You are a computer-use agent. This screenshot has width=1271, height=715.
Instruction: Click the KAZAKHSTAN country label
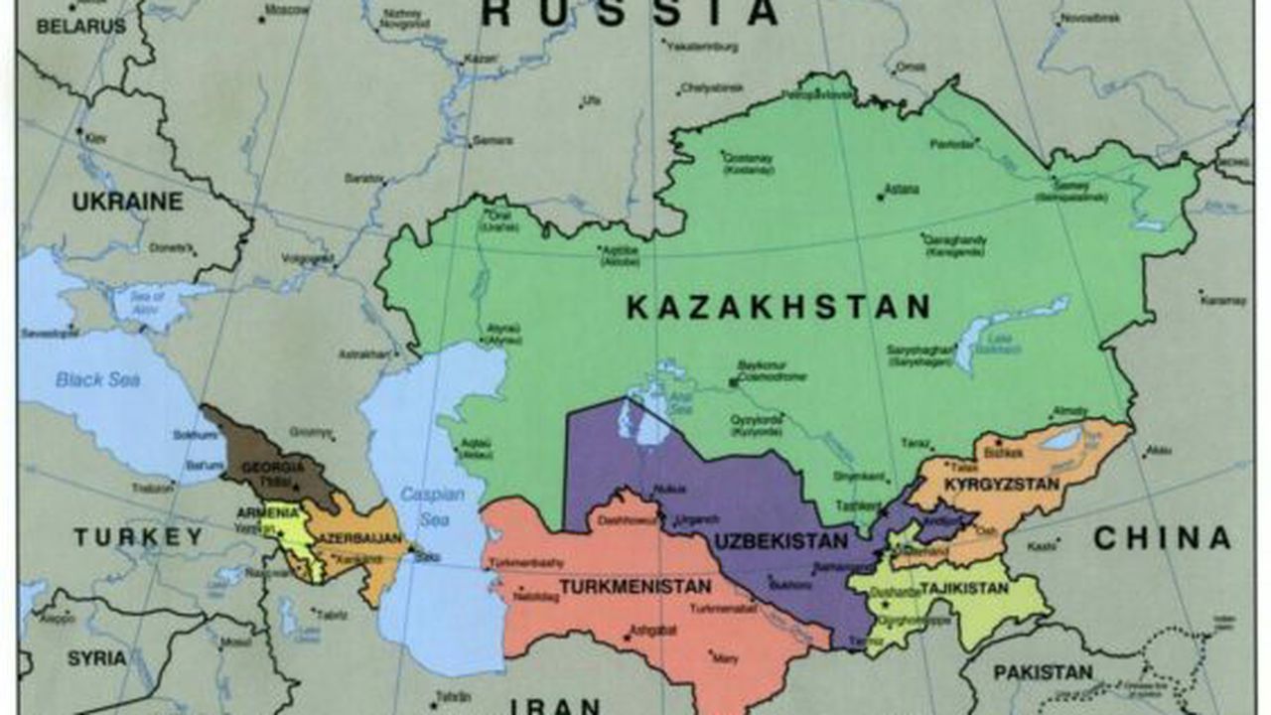point(777,308)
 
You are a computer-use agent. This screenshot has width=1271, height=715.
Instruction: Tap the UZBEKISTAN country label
point(780,542)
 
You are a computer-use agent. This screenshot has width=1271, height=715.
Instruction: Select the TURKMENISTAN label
point(635,587)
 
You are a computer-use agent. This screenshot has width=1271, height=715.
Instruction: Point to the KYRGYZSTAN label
point(1002,485)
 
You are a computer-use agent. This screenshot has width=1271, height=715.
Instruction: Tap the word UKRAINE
point(127,202)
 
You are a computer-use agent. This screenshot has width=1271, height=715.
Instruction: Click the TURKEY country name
point(138,537)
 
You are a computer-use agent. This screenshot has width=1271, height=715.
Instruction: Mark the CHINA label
point(1162,538)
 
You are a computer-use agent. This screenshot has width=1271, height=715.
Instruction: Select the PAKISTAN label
point(1043,672)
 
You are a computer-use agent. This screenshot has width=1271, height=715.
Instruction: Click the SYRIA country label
point(97,658)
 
